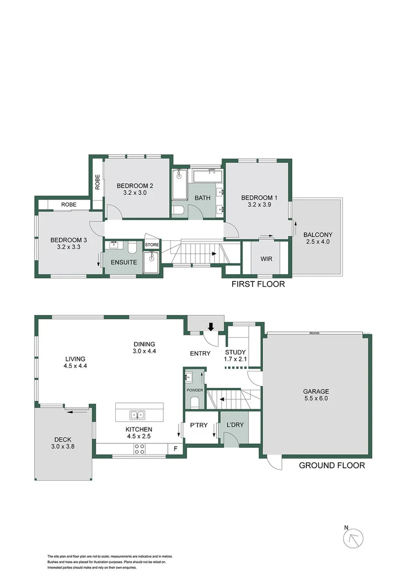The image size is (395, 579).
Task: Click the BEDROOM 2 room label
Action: [135, 185]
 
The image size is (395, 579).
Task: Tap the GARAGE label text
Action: [316, 391]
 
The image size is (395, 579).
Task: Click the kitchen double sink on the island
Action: [136, 415]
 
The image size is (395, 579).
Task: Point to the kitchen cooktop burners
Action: [139, 450]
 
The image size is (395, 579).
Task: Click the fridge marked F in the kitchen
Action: [175, 450]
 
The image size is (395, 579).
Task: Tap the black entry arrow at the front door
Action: [210, 326]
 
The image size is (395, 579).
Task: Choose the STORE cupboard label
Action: [152, 245]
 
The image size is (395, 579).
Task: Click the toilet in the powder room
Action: [194, 401]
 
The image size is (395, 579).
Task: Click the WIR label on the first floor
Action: [267, 259]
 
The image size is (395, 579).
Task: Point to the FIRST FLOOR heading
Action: [258, 284]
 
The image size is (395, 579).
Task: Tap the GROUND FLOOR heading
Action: [331, 466]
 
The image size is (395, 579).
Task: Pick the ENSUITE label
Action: [123, 262]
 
